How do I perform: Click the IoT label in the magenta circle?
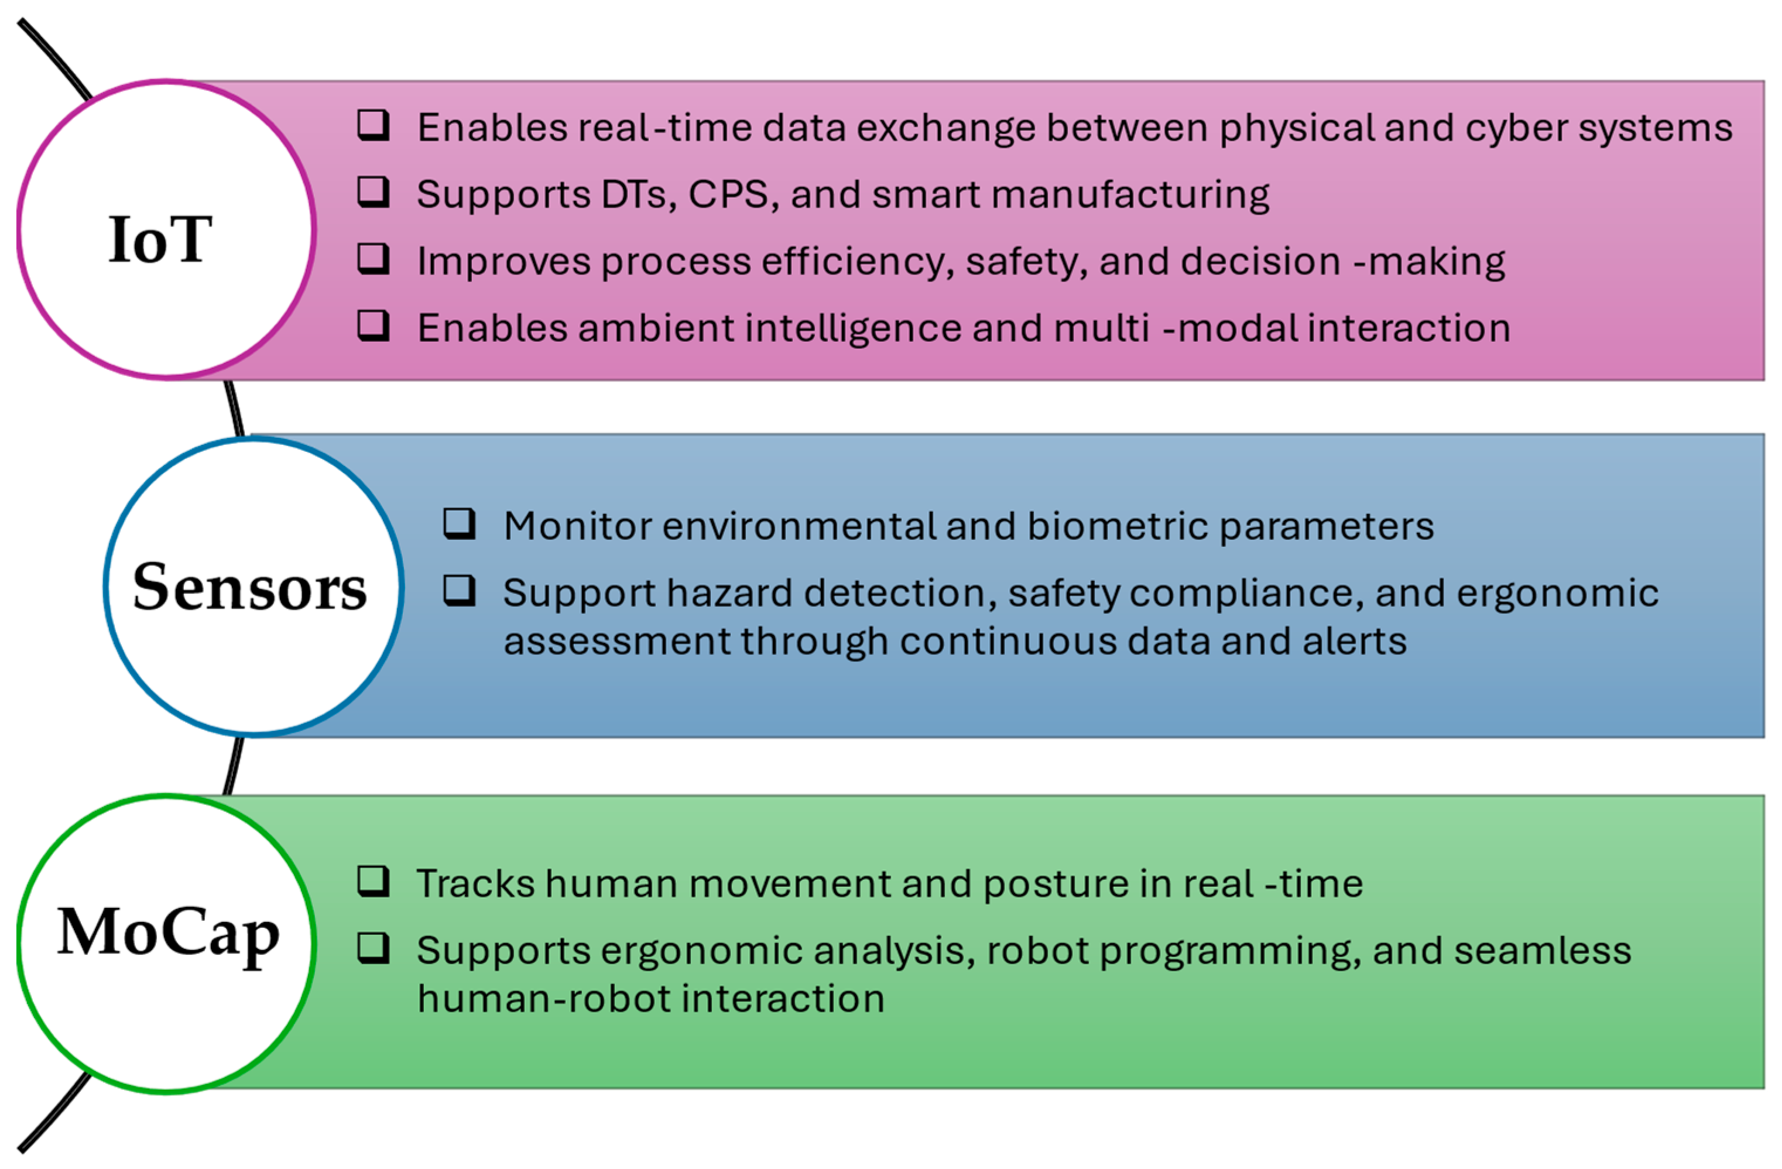160,239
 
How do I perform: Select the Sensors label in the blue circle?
249,588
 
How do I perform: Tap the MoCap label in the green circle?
169,933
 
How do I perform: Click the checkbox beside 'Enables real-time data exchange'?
373,125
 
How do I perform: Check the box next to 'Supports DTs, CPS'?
373,192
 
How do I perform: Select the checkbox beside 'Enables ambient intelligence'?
373,325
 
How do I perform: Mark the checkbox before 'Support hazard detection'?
459,590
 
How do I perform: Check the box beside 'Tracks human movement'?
373,882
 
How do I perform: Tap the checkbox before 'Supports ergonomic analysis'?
373,948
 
